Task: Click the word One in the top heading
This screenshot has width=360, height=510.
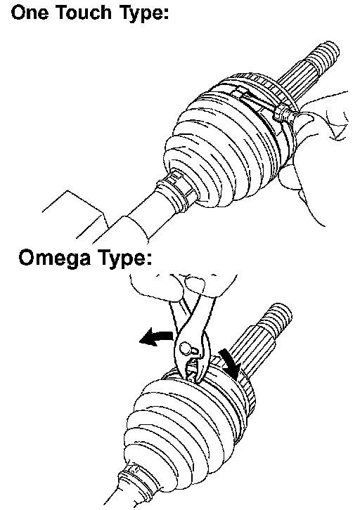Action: (30, 13)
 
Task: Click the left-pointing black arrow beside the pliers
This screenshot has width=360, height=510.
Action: (155, 337)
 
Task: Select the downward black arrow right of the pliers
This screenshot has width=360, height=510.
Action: (230, 361)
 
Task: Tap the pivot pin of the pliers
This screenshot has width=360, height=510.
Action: (186, 348)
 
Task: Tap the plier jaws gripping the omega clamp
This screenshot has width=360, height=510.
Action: (194, 368)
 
